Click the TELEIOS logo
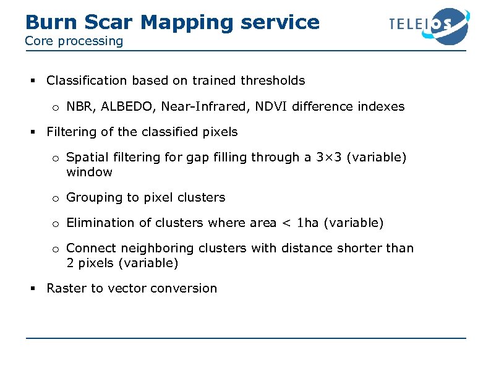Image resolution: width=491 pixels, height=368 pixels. pyautogui.click(x=428, y=25)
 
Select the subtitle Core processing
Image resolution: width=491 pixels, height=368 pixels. pyautogui.click(x=74, y=41)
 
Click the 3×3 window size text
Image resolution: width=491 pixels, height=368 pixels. pyautogui.click(x=328, y=157)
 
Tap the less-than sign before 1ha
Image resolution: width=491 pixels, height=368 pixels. pyautogui.click(x=286, y=223)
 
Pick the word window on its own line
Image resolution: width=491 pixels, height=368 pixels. pyautogui.click(x=89, y=172)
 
